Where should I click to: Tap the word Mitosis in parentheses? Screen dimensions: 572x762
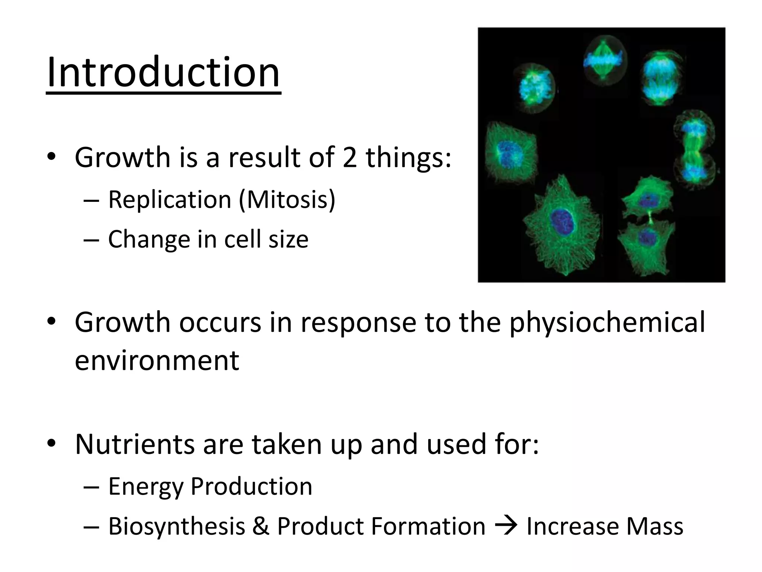[x=287, y=200]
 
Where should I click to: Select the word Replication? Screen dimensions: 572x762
[x=170, y=200]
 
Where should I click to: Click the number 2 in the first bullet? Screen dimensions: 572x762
[x=349, y=158]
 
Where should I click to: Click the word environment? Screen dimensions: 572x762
[x=157, y=360]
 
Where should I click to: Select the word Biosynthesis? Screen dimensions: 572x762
[x=177, y=526]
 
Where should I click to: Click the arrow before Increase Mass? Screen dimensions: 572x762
[x=506, y=526]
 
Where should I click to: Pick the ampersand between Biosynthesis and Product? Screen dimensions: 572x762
[x=261, y=526]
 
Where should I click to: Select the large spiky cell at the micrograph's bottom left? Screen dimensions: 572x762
[x=562, y=227]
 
